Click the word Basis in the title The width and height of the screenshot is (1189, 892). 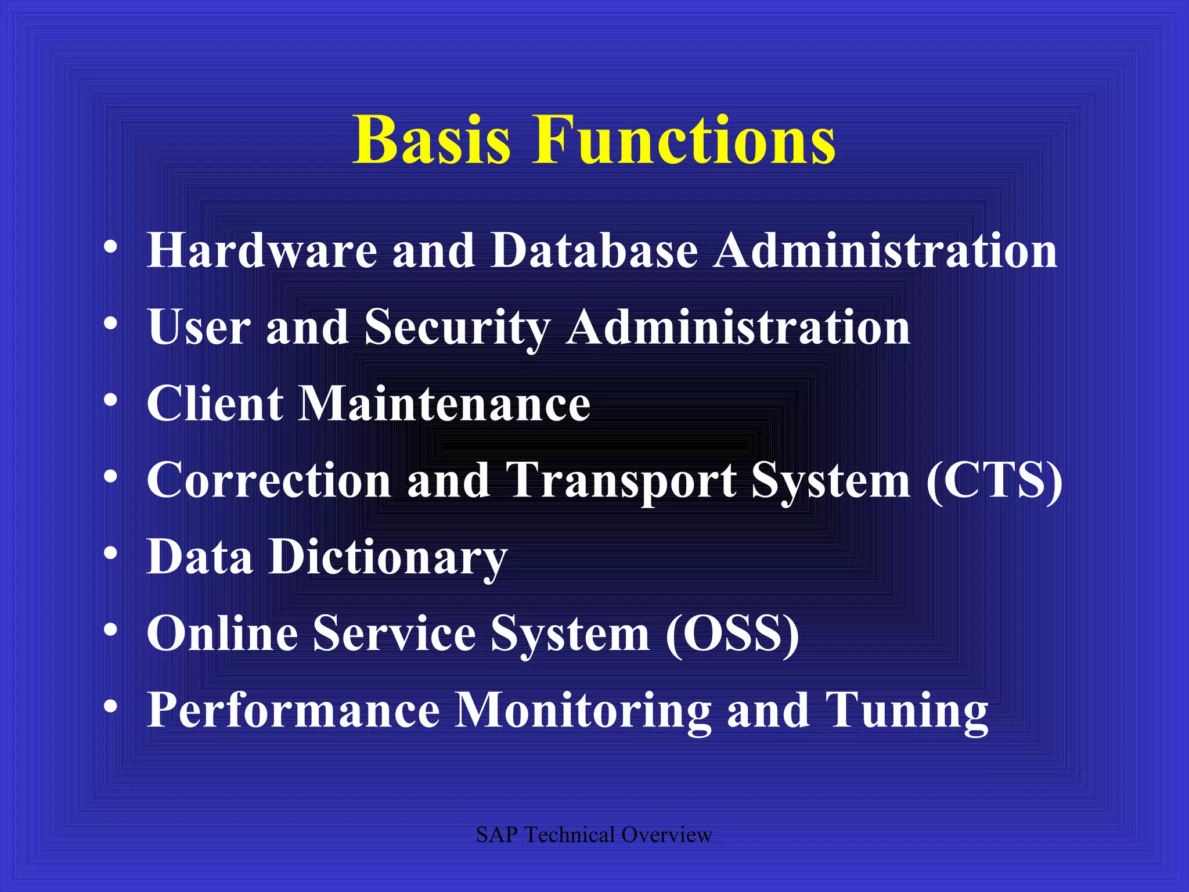point(432,141)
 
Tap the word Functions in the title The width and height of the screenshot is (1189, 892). point(684,141)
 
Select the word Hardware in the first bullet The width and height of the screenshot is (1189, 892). point(262,251)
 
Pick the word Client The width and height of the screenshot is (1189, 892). point(215,404)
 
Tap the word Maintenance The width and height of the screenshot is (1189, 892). point(444,404)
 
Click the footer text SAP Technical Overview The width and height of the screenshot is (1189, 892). point(593,835)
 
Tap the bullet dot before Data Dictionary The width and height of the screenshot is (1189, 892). point(110,554)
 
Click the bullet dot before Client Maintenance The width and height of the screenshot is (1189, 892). point(110,401)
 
